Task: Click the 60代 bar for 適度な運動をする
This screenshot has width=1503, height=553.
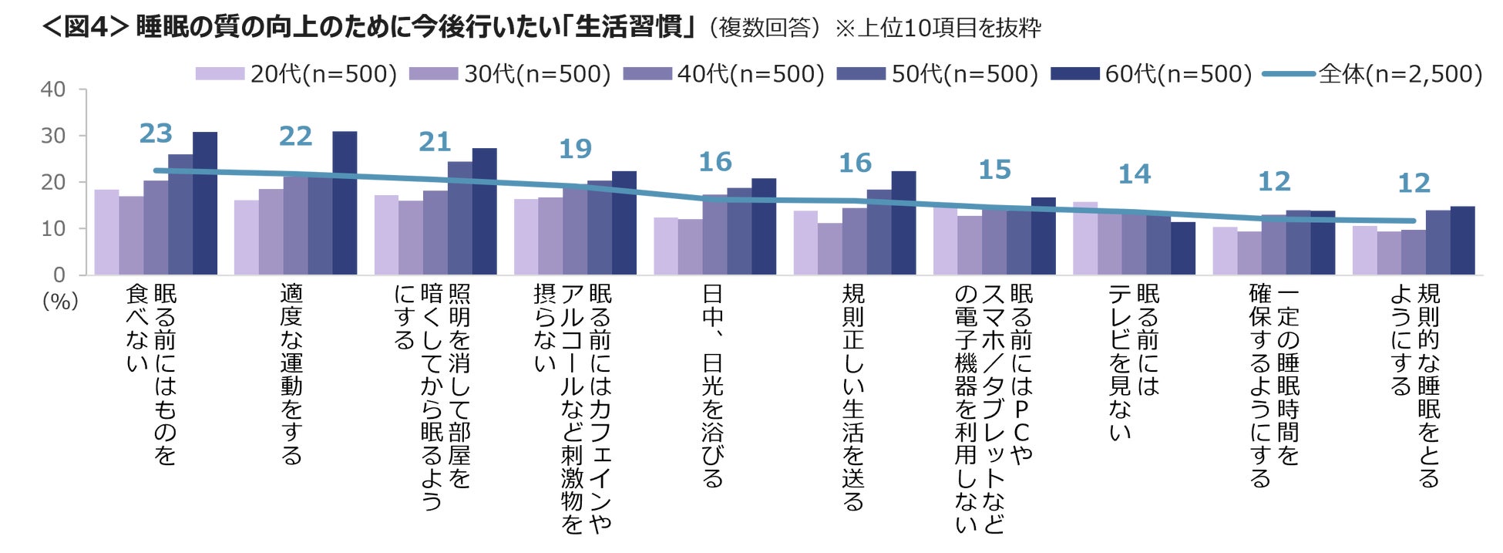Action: point(345,204)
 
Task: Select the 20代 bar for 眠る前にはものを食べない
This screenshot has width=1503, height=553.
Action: point(106,232)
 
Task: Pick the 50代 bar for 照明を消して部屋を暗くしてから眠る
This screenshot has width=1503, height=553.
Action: point(459,218)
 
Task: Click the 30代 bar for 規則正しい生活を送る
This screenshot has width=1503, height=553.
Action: point(830,249)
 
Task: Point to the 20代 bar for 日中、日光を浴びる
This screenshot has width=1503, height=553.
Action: point(666,246)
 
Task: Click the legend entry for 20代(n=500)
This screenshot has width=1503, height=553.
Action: point(296,74)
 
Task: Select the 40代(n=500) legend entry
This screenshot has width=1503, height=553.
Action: point(724,74)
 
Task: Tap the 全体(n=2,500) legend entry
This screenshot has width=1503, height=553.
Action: point(1373,74)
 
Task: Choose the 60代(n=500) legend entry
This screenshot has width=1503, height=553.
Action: point(1152,74)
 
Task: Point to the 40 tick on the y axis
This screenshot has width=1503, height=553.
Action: point(53,89)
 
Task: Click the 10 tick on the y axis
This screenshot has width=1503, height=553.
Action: point(53,228)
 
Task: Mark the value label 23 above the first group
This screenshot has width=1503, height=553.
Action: point(156,133)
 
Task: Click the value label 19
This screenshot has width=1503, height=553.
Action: point(575,148)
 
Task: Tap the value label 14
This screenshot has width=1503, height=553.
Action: point(1135,174)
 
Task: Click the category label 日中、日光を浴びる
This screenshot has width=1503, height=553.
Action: point(713,386)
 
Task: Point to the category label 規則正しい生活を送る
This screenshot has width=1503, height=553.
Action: point(853,397)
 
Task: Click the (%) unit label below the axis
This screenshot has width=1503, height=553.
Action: point(60,301)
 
